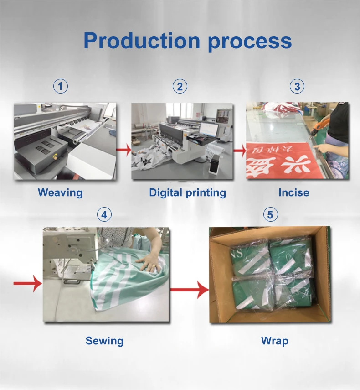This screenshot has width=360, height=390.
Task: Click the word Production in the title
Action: coord(142,41)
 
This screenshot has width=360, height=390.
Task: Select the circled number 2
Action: coord(180,86)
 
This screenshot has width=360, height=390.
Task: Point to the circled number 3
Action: coord(298,86)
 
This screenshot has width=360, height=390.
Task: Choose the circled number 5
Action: coord(270,214)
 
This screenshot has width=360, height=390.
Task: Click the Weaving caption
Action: coord(60,192)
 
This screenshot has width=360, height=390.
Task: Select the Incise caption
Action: coord(293,192)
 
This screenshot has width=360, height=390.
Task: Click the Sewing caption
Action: coord(104,341)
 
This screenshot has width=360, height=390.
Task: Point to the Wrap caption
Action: coord(274,341)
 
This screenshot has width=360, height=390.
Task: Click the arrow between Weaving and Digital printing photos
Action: coord(123,149)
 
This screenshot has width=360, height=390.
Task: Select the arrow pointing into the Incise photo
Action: coord(239,149)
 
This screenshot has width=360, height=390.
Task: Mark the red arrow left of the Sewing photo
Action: coord(27,284)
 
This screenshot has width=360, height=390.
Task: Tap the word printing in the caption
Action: coord(206,192)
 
